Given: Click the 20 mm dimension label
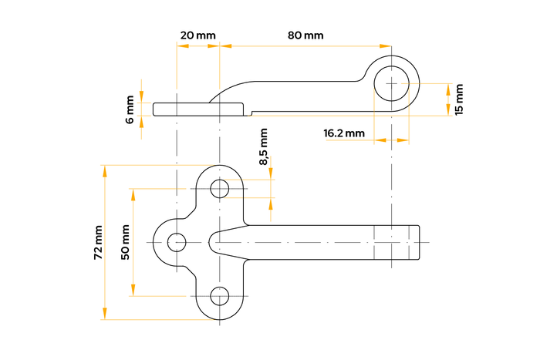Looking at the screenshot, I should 197,36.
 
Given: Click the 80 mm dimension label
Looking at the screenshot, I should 305,36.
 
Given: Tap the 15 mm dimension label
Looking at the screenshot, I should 460,99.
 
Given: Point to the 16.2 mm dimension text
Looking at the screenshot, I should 344,133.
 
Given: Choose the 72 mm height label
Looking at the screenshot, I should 98,242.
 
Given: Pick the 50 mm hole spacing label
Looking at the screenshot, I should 126,242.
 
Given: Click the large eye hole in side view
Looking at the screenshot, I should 392,82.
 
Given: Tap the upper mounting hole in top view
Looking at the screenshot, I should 220,188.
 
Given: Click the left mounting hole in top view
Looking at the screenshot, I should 177,241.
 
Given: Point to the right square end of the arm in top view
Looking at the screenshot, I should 419,241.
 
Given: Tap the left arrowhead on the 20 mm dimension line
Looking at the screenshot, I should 181,46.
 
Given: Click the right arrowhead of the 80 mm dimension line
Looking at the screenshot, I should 387,46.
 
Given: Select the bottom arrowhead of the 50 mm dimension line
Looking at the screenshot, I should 133,290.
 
